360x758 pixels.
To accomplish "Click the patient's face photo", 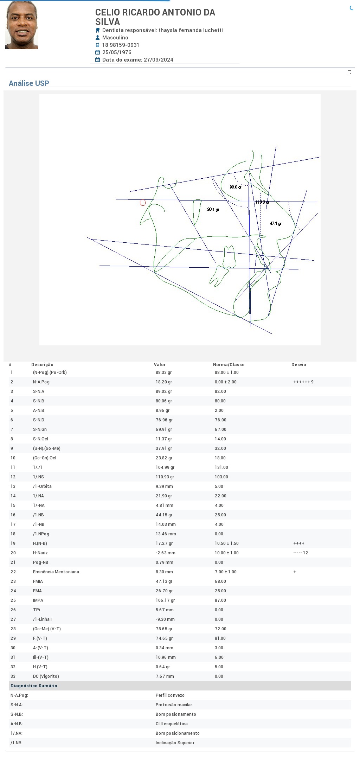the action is pos(22,25).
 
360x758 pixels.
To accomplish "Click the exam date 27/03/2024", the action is pos(159,60).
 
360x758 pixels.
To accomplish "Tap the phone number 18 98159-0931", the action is pos(121,45).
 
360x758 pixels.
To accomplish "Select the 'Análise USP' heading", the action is pos(29,83).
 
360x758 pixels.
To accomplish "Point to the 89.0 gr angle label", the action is pos(236,187).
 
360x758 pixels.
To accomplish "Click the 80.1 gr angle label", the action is pos(213,209).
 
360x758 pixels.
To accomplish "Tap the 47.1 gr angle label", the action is pos(276,223).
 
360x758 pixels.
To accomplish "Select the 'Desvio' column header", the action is pos(299,365).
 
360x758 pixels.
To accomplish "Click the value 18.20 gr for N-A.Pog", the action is pos(164,382).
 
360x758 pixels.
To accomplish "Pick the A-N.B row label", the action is pos(39,410).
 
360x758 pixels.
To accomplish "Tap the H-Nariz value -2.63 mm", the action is pos(166,553).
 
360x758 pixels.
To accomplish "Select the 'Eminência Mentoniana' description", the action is pos(56,572).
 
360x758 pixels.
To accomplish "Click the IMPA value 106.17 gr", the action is pos(165,600).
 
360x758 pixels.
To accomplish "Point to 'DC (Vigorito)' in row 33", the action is pos(46,676).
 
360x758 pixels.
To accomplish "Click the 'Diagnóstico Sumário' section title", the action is pos(34,686).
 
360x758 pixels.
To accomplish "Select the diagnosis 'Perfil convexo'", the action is pos(170,695).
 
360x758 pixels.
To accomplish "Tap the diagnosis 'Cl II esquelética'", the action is pos(172,724).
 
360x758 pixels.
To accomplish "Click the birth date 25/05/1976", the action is pos(117,52).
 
